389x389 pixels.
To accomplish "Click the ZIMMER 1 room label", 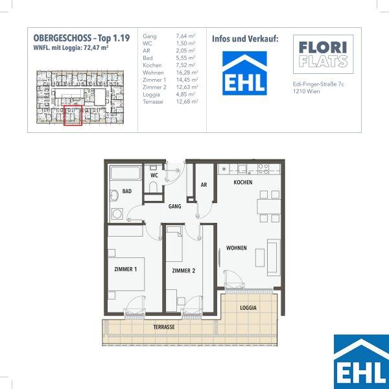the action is (126, 269).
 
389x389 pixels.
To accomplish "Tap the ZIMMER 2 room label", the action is (183, 270).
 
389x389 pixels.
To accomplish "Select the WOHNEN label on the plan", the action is (237, 248).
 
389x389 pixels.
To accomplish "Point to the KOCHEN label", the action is (243, 182).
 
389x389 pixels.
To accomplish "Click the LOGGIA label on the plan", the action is (248, 308).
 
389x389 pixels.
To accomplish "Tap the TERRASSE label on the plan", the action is (164, 327).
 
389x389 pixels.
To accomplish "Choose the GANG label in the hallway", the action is (174, 206).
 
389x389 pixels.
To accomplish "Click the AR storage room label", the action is (204, 185).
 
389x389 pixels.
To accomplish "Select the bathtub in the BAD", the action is (125, 173).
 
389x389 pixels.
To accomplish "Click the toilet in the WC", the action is (153, 187).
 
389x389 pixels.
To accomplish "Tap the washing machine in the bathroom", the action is (117, 214).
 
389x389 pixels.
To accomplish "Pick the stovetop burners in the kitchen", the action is (263, 169).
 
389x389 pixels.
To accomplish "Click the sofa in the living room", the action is (274, 257).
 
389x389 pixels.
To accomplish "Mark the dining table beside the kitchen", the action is (269, 207).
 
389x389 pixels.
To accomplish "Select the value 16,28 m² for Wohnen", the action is (187, 73).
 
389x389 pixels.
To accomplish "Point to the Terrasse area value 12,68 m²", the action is (187, 102).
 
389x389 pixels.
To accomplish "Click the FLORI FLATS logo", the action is (324, 54).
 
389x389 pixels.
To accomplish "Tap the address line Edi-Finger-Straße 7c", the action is (318, 84).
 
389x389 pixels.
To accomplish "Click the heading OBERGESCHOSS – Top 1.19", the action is (82, 38).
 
